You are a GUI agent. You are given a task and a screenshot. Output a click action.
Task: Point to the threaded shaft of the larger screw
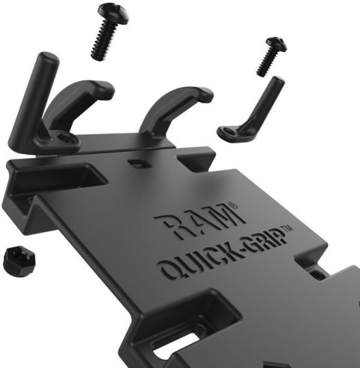(100, 41)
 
